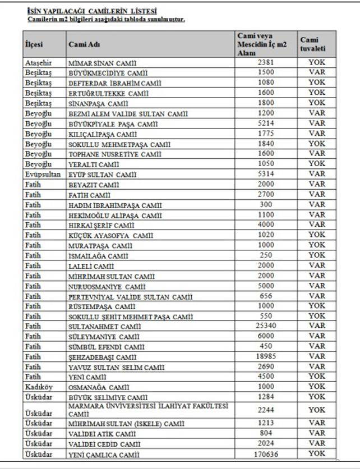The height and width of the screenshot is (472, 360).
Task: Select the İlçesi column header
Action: (34, 44)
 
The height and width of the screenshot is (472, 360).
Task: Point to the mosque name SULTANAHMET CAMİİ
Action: (104, 326)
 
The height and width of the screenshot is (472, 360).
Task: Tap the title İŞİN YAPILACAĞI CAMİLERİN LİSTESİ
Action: (92, 11)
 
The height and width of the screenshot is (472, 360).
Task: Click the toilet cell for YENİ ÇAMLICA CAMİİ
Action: (316, 453)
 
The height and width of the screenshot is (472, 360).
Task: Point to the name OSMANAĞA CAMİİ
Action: (98, 387)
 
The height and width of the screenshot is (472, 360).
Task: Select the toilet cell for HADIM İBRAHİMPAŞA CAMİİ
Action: (316, 205)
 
